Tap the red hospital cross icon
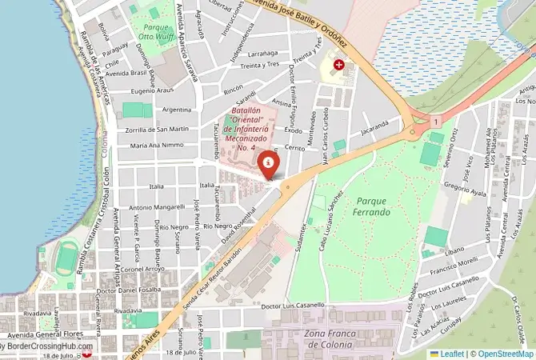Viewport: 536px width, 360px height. click(339, 64)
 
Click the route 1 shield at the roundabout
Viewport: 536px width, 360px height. click(435, 121)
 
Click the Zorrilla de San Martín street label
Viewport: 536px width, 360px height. click(157, 129)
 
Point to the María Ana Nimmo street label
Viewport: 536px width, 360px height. click(158, 146)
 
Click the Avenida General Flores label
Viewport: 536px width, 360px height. click(40, 334)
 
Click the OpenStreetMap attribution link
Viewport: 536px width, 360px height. click(503, 353)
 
